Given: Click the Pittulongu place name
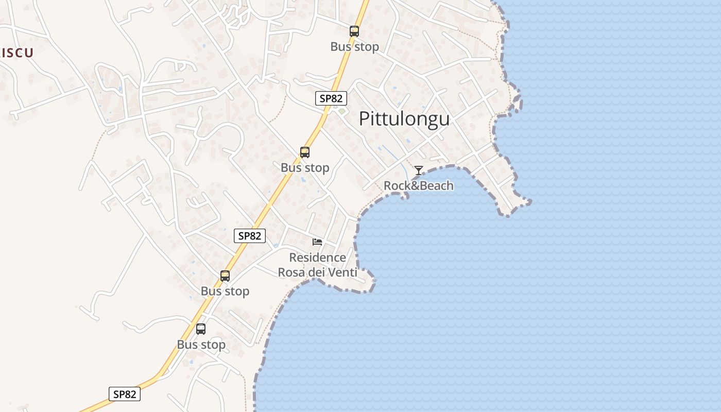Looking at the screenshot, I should [x=404, y=118].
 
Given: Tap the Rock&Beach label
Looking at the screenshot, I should [x=419, y=185].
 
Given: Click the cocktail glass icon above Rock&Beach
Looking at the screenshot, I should [x=419, y=170].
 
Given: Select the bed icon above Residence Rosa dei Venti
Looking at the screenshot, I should [x=317, y=242].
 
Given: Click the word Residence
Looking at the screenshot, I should [x=317, y=257].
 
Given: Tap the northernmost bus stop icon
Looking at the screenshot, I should [x=354, y=31].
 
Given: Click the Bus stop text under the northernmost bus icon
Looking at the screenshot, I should [x=354, y=46].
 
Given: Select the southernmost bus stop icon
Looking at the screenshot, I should [x=201, y=329].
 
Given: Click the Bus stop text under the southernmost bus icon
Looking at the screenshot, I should [x=201, y=345].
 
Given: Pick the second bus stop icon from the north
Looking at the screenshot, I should [x=305, y=152].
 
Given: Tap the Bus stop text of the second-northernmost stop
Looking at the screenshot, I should [x=305, y=167].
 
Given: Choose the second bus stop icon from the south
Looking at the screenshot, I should [x=225, y=276].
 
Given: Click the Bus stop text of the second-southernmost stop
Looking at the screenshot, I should [x=225, y=291].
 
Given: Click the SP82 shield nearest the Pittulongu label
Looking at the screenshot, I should [x=331, y=98].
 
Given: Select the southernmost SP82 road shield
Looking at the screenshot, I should [x=125, y=394].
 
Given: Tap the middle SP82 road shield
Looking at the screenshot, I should [x=250, y=236].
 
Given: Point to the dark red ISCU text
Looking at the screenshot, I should [x=17, y=53].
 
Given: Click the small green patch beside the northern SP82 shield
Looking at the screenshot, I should [x=341, y=111].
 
